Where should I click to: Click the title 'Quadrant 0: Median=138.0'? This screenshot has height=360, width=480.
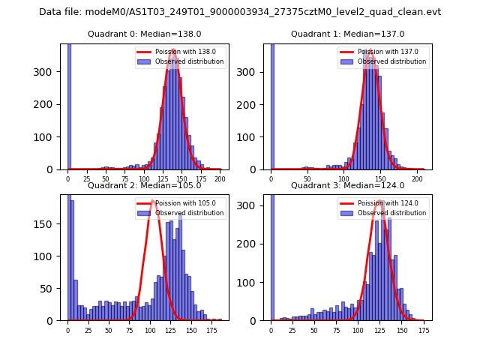pos(144,34)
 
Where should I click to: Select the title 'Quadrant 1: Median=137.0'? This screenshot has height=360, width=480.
pos(347,34)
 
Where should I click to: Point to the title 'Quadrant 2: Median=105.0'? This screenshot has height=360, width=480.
pos(144,185)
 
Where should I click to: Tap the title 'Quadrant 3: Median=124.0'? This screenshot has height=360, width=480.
pos(347,185)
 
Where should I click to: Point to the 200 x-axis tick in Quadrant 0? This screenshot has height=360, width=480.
pos(220,180)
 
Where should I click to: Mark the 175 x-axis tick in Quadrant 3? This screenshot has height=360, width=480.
pos(424,331)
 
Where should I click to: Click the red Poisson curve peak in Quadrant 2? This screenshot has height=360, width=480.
pos(152,200)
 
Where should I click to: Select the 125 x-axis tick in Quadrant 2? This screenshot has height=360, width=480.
pos(170,331)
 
